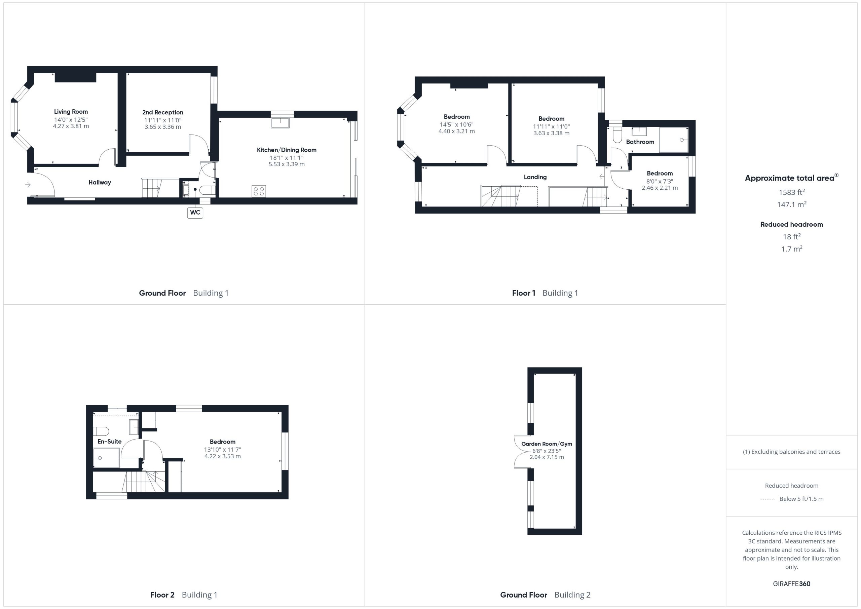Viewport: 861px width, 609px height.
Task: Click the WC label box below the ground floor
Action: click(195, 213)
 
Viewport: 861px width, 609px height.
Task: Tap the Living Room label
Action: click(71, 112)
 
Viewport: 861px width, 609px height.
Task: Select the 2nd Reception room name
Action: click(163, 113)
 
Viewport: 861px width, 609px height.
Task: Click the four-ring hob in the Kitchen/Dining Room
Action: click(259, 191)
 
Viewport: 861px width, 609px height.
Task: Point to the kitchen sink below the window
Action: click(280, 123)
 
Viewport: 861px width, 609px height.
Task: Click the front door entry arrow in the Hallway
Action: click(28, 185)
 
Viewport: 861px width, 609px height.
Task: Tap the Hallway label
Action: click(100, 183)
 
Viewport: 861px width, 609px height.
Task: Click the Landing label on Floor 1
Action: click(535, 177)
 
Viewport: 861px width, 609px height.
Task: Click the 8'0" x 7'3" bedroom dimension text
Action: click(660, 181)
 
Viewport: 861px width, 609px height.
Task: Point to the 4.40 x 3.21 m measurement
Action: click(457, 131)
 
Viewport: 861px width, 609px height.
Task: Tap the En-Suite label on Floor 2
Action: click(110, 442)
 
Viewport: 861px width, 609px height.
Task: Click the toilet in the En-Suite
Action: click(101, 431)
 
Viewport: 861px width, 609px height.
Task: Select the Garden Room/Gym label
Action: click(547, 444)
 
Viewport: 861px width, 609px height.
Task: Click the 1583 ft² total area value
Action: click(792, 192)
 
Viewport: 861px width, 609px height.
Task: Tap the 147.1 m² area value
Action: click(792, 204)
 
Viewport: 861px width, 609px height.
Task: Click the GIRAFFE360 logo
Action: click(792, 584)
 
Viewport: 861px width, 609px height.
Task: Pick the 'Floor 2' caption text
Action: click(162, 595)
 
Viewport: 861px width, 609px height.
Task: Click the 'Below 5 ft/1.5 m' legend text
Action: click(801, 499)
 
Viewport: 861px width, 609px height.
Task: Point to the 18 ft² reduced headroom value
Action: click(792, 236)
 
